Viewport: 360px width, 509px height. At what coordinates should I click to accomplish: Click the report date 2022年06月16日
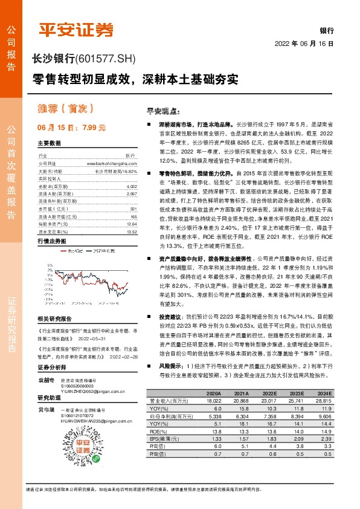(304, 44)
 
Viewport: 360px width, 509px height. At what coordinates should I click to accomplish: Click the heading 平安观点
(147, 111)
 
